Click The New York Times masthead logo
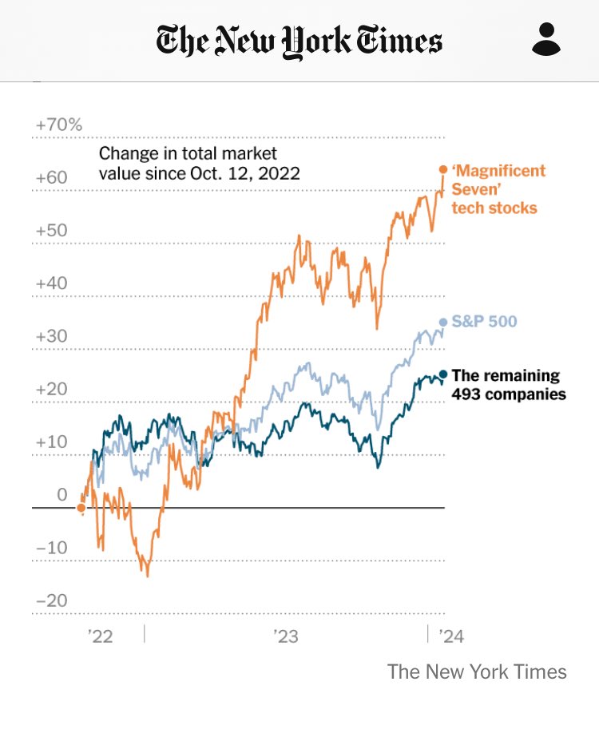[x=299, y=41]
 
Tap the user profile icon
[x=546, y=39]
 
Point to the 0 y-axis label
[x=62, y=495]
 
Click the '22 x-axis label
[x=101, y=636]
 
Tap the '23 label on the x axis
[x=285, y=636]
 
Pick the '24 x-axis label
[x=448, y=636]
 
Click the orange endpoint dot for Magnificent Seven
[x=443, y=169]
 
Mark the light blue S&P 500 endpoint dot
[x=443, y=322]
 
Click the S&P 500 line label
[x=484, y=322]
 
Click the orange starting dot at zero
[x=81, y=507]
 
